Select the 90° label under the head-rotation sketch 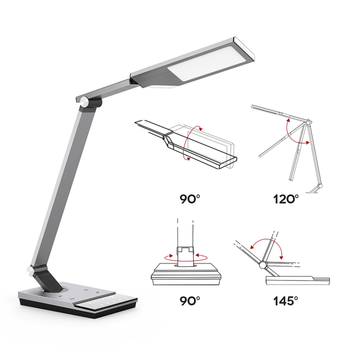pyautogui.click(x=189, y=199)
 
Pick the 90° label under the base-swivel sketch pyautogui.click(x=189, y=300)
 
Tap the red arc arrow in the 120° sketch pyautogui.click(x=294, y=129)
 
